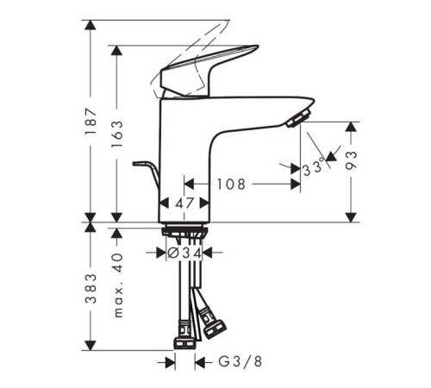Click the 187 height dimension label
91,122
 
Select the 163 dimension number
116,134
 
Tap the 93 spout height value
351,160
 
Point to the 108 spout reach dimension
231,185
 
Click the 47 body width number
184,203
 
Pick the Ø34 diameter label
184,253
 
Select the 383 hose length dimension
91,289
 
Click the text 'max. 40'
117,285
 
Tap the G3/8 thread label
240,361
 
